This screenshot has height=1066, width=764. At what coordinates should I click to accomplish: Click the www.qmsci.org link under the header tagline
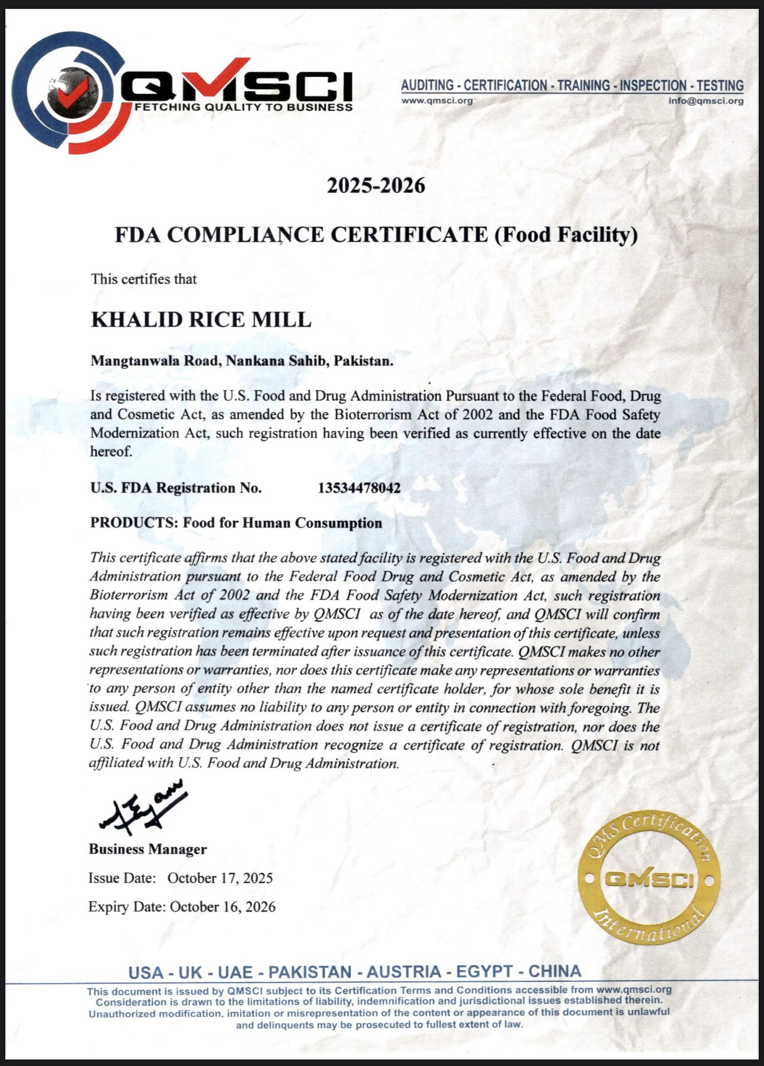point(437,101)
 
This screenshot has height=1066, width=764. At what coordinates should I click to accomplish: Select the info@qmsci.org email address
point(706,101)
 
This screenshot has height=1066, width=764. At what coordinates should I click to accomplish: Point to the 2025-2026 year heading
point(376,186)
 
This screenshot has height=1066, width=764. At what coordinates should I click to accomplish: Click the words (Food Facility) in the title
point(565,235)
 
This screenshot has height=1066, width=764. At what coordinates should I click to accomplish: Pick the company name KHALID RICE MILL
point(201,320)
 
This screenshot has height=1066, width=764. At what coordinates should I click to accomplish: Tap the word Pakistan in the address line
point(363,360)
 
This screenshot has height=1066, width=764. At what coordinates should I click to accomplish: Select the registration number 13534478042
point(359,488)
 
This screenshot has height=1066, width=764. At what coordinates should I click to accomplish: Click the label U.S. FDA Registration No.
point(176,488)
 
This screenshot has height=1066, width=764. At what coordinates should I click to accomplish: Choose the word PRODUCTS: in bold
point(134,523)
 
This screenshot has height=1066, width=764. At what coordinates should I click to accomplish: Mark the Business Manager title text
point(148,849)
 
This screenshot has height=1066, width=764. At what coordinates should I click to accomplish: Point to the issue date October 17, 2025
point(220,878)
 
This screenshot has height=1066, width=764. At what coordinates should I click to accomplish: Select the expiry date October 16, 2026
point(223,907)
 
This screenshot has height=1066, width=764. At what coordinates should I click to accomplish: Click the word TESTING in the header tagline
point(720,85)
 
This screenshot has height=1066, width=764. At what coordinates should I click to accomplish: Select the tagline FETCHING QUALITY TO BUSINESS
point(244,108)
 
